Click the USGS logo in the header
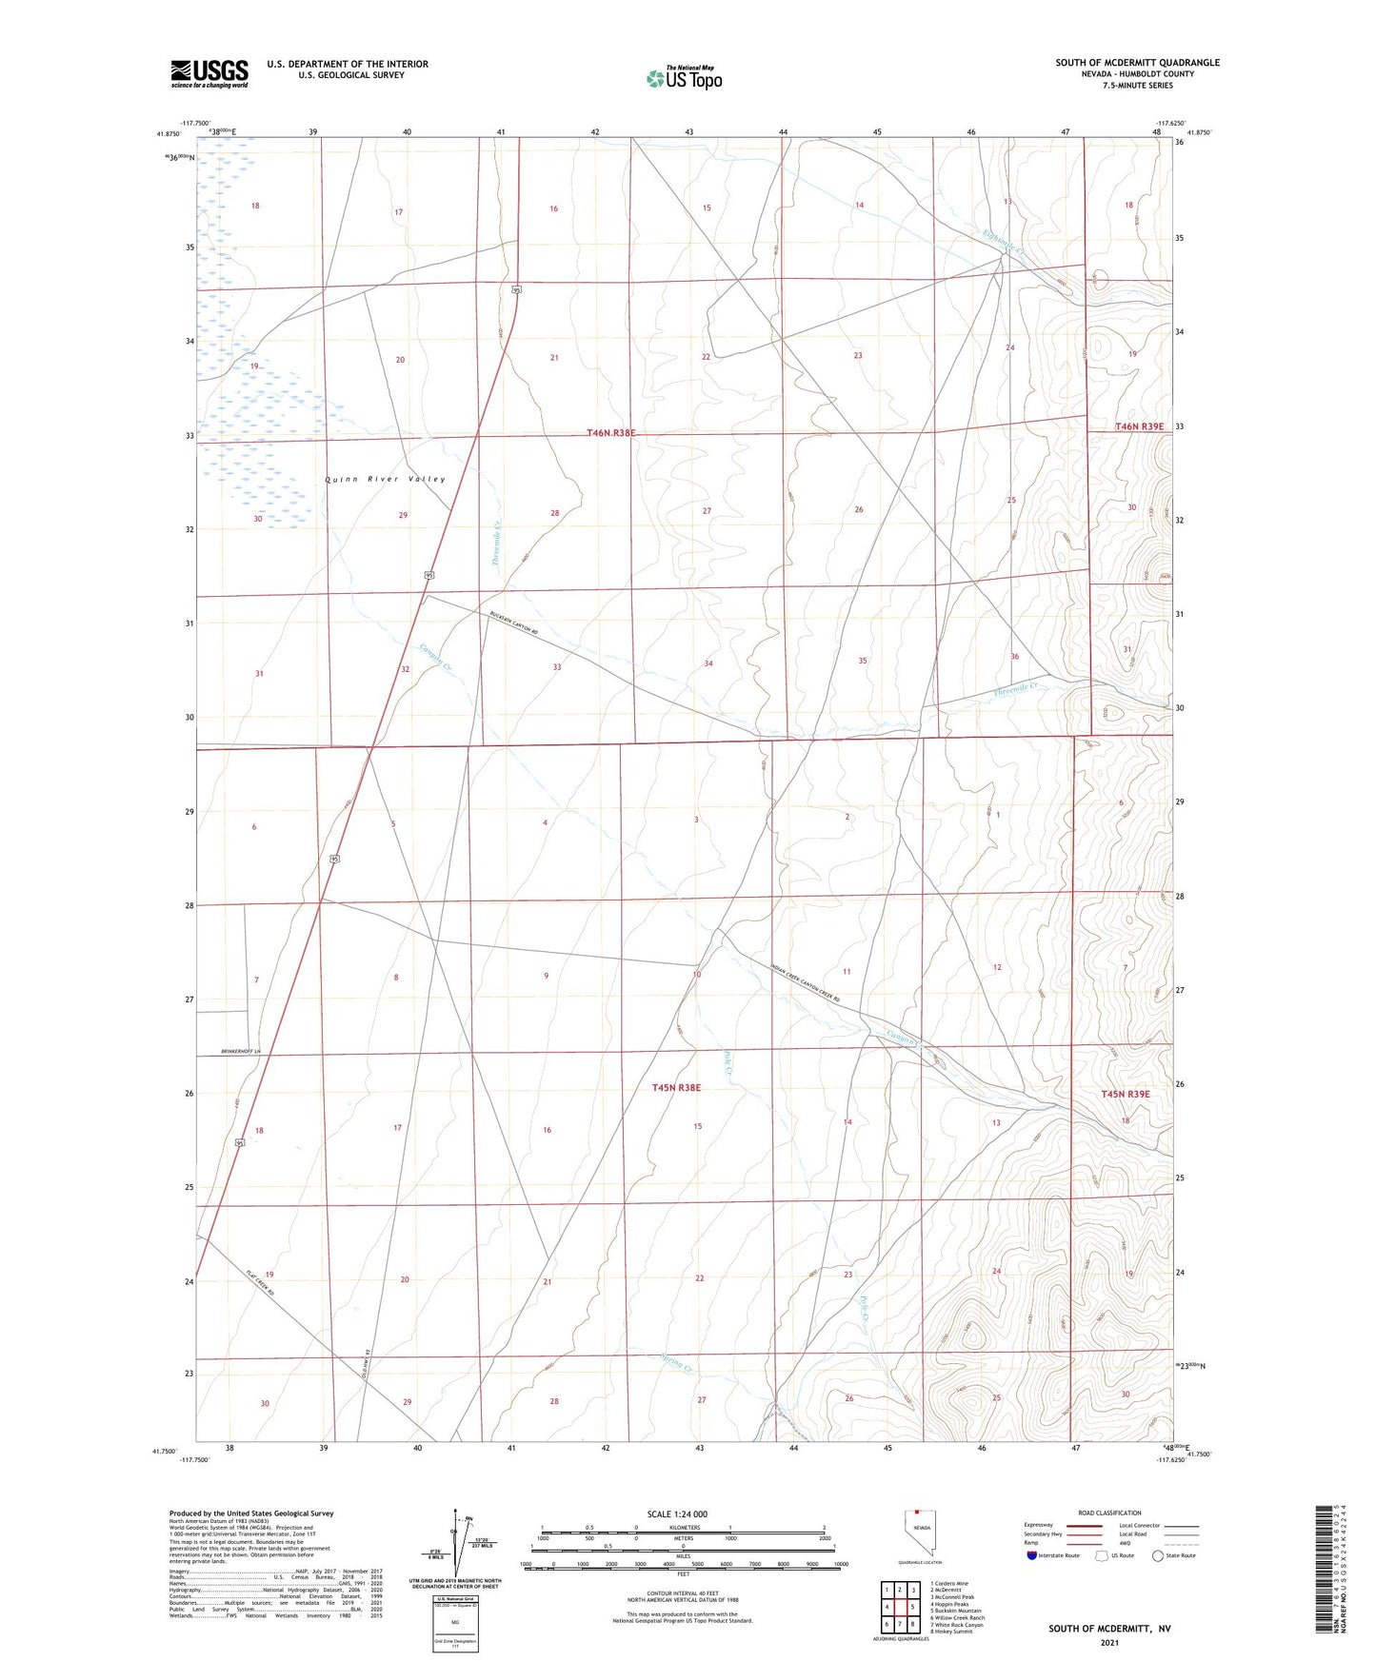[209, 73]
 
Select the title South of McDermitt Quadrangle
[1137, 63]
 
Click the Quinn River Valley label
[386, 479]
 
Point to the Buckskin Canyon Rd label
[515, 624]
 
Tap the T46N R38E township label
[610, 433]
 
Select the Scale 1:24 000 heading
[677, 1514]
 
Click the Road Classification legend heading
[1110, 1513]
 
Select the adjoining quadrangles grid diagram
[900, 1607]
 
